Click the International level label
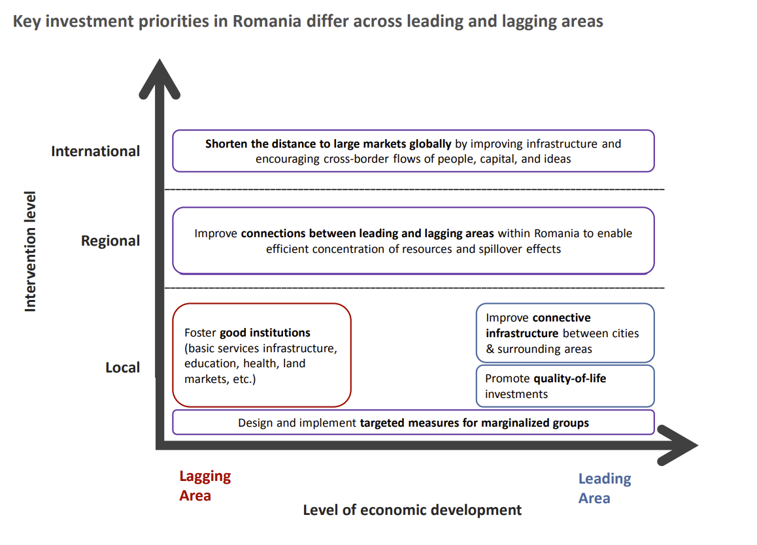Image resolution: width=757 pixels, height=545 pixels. pyautogui.click(x=95, y=151)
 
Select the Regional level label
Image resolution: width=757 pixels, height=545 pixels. pyautogui.click(x=110, y=240)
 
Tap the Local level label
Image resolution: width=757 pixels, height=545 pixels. pyautogui.click(x=122, y=367)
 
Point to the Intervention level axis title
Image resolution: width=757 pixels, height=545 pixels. pyautogui.click(x=30, y=251)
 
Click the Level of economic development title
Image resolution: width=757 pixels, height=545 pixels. pyautogui.click(x=412, y=510)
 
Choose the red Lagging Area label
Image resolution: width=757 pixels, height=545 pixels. pyautogui.click(x=205, y=486)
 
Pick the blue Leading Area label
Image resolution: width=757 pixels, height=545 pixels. pyautogui.click(x=604, y=488)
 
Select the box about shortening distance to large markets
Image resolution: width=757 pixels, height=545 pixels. pyautogui.click(x=413, y=151)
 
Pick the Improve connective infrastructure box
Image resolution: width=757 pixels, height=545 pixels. pyautogui.click(x=565, y=333)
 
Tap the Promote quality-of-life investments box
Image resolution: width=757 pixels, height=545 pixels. pyautogui.click(x=565, y=386)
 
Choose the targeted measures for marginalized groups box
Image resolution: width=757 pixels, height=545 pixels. pyautogui.click(x=413, y=422)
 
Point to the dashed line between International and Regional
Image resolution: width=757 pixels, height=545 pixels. pyautogui.click(x=413, y=190)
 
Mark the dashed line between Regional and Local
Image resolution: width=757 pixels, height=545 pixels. pyautogui.click(x=413, y=288)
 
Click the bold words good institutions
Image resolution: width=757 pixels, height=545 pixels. pyautogui.click(x=265, y=333)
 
